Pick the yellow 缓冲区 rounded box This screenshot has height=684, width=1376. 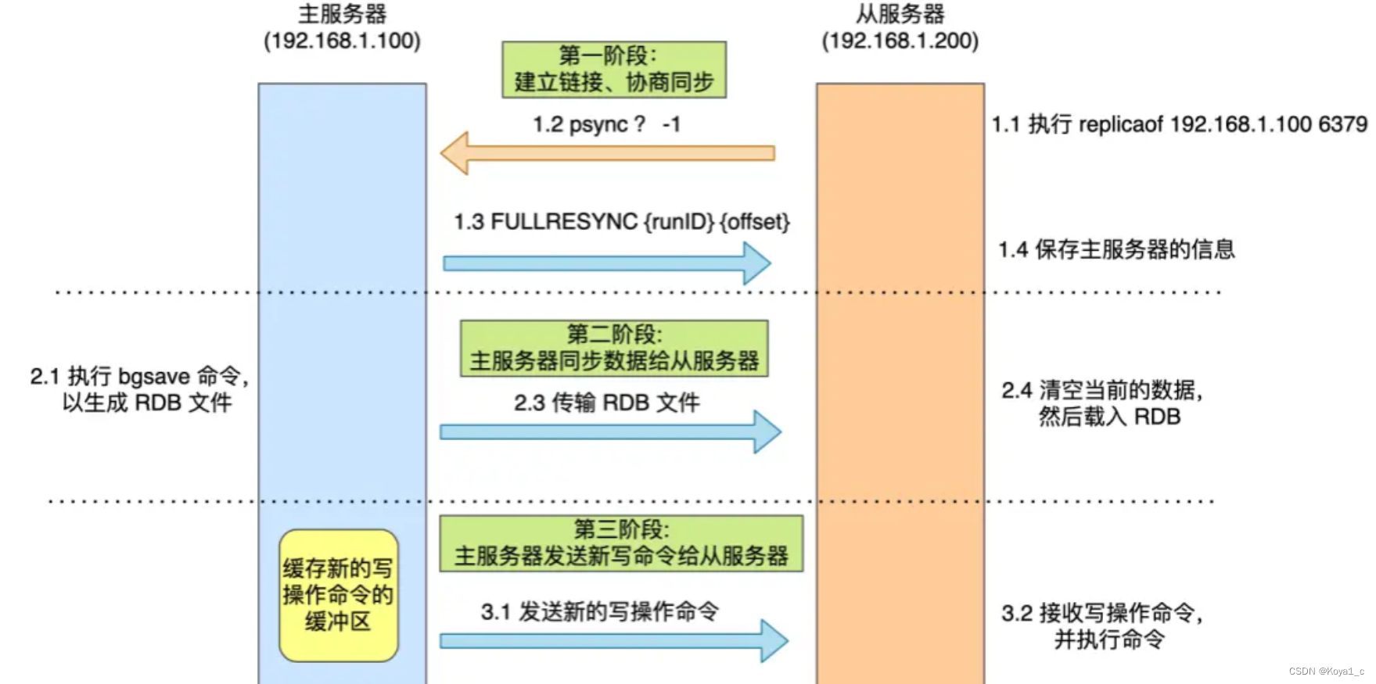click(x=338, y=595)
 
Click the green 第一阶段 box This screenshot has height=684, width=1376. click(x=614, y=70)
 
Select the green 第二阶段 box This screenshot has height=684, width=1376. click(x=614, y=348)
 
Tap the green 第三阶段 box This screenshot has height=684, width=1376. click(x=621, y=543)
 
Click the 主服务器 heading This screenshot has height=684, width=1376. click(x=343, y=14)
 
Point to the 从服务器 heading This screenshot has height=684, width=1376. click(x=900, y=14)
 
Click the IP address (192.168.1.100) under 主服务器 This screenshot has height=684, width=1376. click(x=343, y=41)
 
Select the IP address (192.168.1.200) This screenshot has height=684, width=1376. click(x=900, y=41)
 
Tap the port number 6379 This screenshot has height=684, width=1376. click(x=1342, y=124)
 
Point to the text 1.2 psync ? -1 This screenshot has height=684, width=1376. click(x=606, y=124)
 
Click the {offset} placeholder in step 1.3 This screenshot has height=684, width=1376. click(x=754, y=222)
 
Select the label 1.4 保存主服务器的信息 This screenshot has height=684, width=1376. click(x=1116, y=249)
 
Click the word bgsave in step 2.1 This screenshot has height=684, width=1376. click(x=154, y=377)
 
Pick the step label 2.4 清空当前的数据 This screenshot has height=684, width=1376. click(x=1102, y=390)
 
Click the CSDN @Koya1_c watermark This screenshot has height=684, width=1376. click(x=1326, y=671)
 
